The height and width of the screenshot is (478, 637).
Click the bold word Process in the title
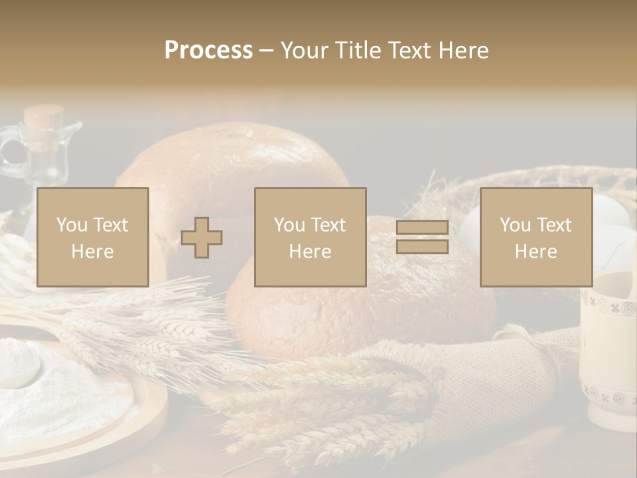coord(208,50)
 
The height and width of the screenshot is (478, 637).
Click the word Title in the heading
coord(356,50)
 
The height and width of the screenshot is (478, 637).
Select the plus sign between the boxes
coord(202,238)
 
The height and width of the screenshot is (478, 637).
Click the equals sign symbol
coord(422,237)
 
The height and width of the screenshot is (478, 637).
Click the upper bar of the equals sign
coord(422,228)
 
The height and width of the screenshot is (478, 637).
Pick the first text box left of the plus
coord(92,237)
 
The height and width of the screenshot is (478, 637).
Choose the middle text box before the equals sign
coord(310,237)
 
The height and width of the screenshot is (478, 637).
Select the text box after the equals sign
coord(535,237)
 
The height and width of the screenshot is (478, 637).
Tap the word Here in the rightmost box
coord(535,252)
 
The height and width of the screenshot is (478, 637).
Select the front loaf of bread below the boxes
coord(358,312)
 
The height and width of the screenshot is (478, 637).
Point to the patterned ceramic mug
coord(607,352)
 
